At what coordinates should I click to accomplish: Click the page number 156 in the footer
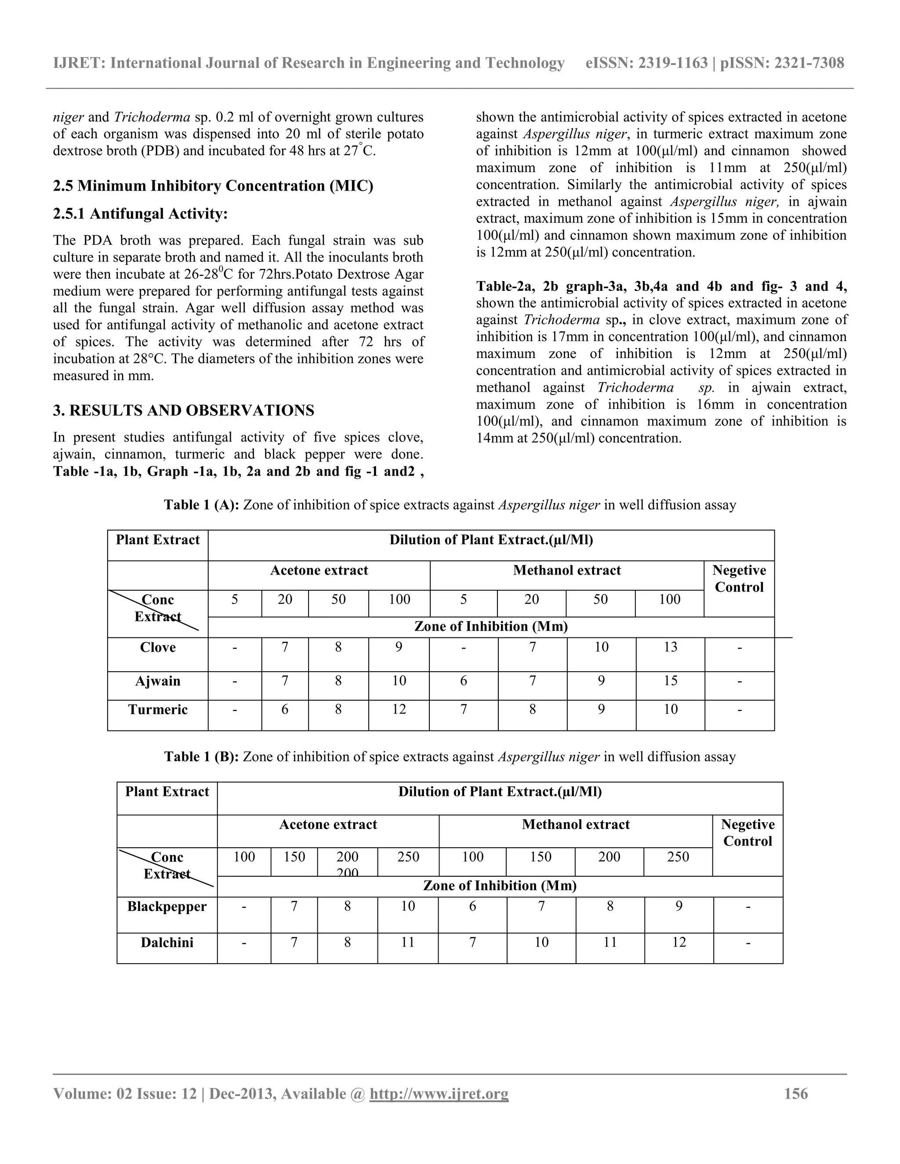click(795, 1094)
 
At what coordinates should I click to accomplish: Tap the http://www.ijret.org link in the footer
click(439, 1094)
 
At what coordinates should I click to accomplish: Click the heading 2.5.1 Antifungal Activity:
click(140, 214)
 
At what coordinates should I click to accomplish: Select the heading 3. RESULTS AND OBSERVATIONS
click(183, 410)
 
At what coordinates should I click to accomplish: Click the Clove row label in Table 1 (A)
click(158, 647)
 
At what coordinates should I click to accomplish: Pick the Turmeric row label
click(158, 709)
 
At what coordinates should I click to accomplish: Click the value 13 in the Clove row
click(670, 647)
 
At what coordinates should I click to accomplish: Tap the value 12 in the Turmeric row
click(399, 709)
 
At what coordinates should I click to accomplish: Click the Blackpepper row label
click(167, 907)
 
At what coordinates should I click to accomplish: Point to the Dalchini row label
click(167, 942)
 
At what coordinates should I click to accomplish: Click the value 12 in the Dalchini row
click(679, 942)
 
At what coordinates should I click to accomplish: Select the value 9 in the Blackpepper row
click(679, 907)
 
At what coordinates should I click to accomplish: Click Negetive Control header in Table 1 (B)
click(748, 832)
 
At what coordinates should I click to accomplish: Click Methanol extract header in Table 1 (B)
click(576, 824)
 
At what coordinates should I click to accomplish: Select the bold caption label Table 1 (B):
click(202, 757)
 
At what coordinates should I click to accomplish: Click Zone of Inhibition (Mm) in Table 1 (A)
click(490, 626)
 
